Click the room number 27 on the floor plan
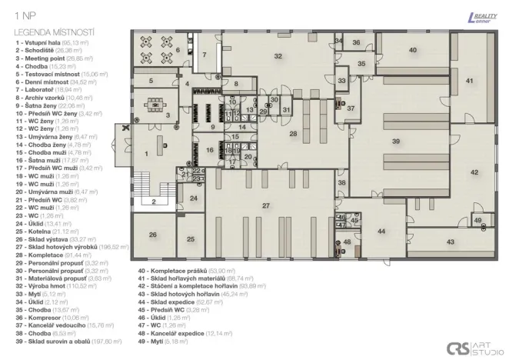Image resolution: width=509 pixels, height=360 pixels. tap(266, 205)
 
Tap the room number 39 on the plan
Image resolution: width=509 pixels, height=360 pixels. tap(395, 142)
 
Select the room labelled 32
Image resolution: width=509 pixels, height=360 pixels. tap(278, 56)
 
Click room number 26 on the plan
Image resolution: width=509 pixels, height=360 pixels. tap(152, 235)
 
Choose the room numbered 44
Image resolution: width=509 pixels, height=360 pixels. tap(381, 231)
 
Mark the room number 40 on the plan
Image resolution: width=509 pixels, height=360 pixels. tap(413, 50)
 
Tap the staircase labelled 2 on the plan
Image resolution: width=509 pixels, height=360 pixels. tap(154, 202)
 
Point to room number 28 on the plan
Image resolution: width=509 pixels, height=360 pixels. tap(293, 133)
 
